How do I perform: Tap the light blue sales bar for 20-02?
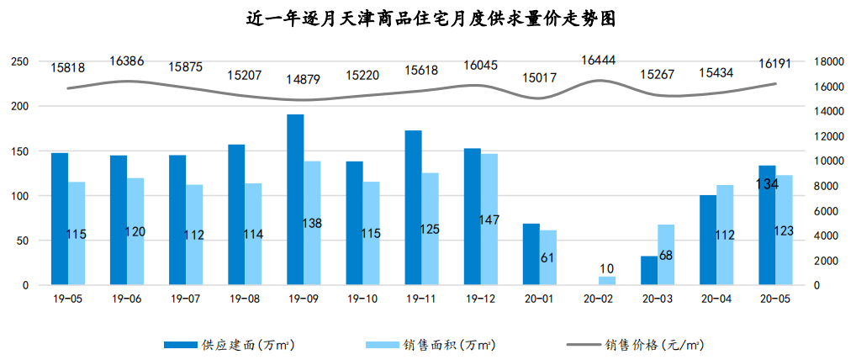tap(607, 281)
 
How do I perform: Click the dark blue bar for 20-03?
tap(649, 271)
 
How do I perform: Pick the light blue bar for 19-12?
tap(489, 220)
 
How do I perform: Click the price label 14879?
tap(304, 79)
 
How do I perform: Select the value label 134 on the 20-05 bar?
tap(767, 183)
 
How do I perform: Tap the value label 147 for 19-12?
tap(489, 220)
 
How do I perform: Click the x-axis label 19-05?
tap(67, 299)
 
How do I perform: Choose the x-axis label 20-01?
tap(539, 299)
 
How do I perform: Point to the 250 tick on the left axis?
tap(20, 62)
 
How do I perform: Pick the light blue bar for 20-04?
tap(725, 236)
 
